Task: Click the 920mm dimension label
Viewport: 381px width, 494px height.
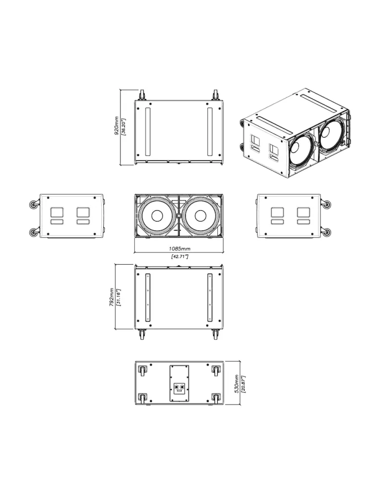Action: click(x=117, y=126)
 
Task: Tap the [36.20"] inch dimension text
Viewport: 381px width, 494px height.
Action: click(x=124, y=126)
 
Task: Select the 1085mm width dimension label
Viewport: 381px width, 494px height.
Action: click(x=179, y=249)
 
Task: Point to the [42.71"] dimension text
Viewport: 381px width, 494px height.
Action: click(x=179, y=256)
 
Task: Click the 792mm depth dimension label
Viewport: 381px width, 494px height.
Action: click(x=112, y=297)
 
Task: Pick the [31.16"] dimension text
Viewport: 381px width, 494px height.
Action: click(x=119, y=297)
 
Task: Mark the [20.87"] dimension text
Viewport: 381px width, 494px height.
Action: click(x=243, y=384)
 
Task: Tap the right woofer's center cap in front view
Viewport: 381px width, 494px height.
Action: click(x=200, y=216)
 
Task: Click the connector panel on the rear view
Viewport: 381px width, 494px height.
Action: click(x=179, y=383)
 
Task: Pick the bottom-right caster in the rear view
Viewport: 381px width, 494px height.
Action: click(x=216, y=398)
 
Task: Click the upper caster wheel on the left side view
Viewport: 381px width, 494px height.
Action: click(x=33, y=205)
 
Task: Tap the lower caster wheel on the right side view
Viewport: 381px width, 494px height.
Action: click(x=327, y=233)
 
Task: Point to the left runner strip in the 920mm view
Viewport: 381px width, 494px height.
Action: click(x=147, y=131)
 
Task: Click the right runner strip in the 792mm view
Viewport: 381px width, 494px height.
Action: click(x=210, y=297)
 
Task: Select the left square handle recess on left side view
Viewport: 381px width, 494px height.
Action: click(x=57, y=212)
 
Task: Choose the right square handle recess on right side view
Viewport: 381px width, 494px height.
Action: click(x=303, y=212)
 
